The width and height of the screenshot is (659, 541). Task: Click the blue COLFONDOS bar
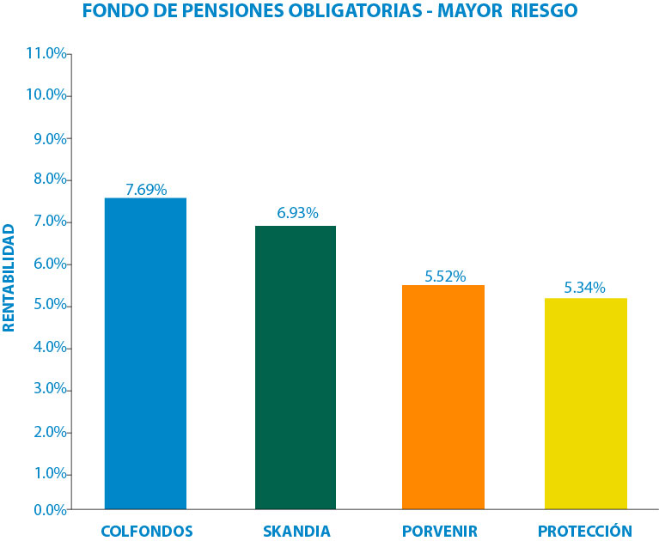(x=145, y=353)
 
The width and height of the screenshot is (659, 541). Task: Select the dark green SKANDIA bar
(x=296, y=367)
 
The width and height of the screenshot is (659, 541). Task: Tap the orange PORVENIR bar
(x=443, y=397)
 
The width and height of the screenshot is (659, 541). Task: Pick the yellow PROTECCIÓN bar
(x=585, y=404)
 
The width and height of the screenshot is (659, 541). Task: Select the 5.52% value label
(x=445, y=276)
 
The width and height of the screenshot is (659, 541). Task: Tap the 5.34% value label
(x=584, y=288)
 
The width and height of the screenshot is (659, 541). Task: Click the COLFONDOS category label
(x=147, y=531)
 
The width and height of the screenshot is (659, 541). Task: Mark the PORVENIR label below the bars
(x=440, y=531)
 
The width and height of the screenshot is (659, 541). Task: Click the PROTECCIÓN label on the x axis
(x=584, y=531)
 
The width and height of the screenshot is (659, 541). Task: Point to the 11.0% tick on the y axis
(x=46, y=53)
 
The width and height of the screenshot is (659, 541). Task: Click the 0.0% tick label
(x=49, y=509)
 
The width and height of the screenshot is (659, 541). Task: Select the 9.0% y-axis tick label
(x=49, y=137)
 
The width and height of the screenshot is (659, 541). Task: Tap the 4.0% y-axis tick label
(x=49, y=348)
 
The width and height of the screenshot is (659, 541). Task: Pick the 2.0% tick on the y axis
(x=49, y=432)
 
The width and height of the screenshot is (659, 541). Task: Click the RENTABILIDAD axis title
(x=9, y=277)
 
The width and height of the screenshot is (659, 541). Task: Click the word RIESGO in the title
(x=540, y=11)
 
